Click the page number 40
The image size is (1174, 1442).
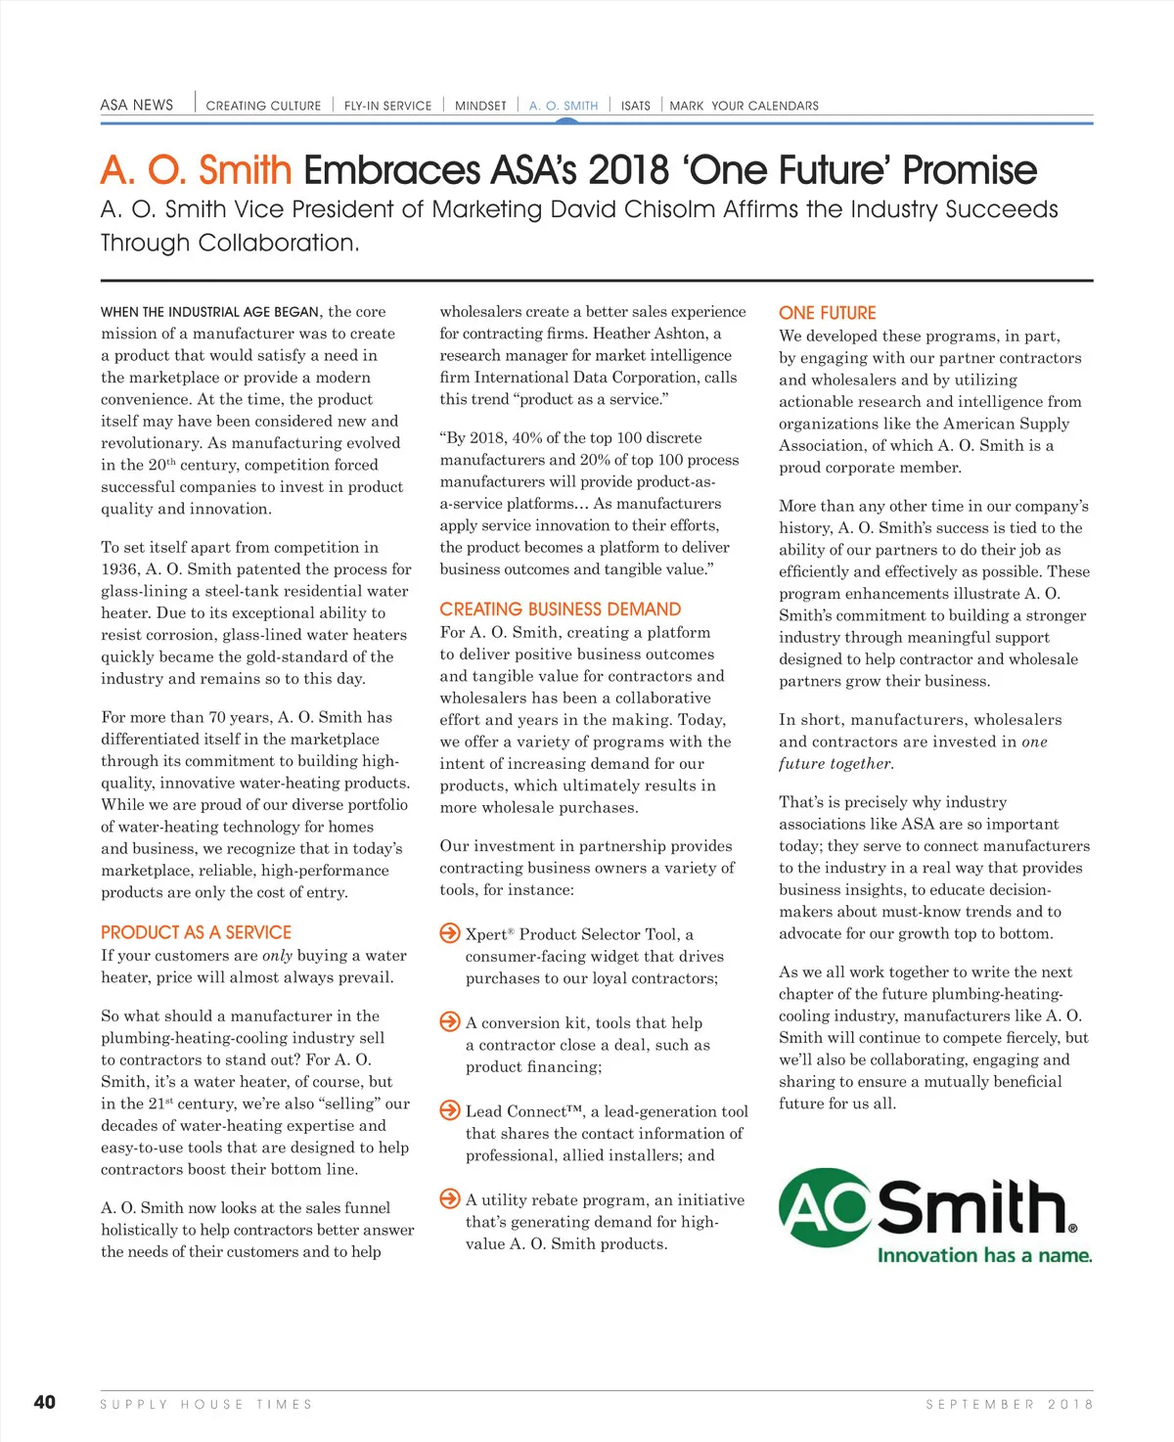pos(45,1402)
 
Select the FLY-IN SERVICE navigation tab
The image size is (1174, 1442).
pos(387,106)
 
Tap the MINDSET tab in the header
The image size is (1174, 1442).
pos(480,106)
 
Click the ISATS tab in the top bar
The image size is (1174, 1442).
pos(635,106)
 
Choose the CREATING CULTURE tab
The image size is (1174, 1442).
pos(263,106)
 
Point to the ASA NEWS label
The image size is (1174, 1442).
pos(137,105)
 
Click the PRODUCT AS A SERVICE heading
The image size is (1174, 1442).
pos(196,932)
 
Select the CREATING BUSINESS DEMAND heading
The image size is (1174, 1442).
pos(560,608)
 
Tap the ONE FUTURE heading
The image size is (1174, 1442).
pos(827,313)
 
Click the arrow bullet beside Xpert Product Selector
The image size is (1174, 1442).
pos(450,933)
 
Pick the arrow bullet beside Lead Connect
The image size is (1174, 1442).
pos(450,1110)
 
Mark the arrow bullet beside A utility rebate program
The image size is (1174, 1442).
pos(450,1198)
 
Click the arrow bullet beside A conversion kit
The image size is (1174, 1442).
pos(450,1022)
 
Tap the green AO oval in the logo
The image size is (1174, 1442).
pos(824,1207)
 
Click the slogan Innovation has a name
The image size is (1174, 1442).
pos(984,1255)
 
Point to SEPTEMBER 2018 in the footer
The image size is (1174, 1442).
pos(1009,1404)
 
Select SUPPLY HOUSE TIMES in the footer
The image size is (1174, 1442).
pos(205,1404)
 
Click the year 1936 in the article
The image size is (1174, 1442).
pos(120,569)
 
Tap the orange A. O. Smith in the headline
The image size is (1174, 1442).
pos(196,170)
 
